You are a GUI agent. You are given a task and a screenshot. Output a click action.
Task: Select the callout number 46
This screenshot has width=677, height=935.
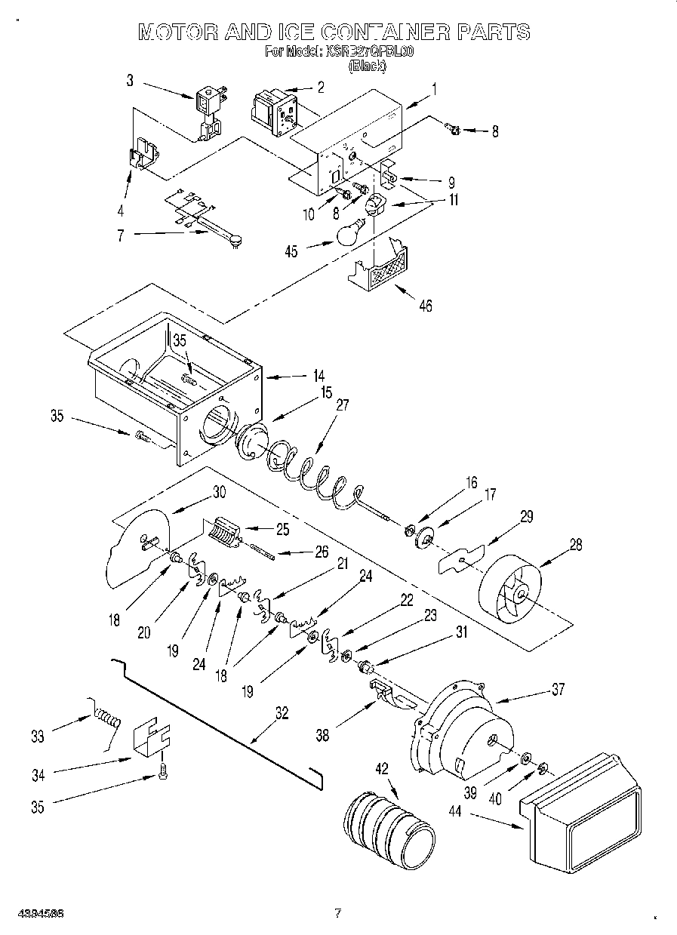pos(426,306)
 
